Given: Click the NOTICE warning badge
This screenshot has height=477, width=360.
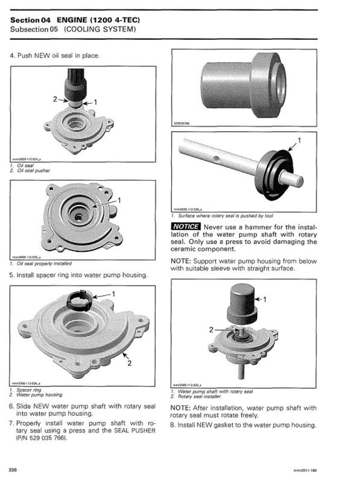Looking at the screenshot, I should pyautogui.click(x=185, y=226).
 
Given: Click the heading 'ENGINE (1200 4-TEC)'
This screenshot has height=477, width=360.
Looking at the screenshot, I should pyautogui.click(x=98, y=20).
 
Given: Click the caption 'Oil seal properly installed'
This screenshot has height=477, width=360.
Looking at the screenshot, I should pyautogui.click(x=43, y=263).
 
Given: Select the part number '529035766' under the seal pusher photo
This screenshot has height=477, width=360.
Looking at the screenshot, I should pyautogui.click(x=182, y=123).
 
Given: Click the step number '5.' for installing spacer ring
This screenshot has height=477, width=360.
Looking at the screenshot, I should pyautogui.click(x=12, y=275).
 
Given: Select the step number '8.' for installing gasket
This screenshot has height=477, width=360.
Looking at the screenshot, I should pyautogui.click(x=173, y=425).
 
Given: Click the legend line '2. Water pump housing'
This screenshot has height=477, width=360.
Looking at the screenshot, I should pyautogui.click(x=39, y=395).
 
